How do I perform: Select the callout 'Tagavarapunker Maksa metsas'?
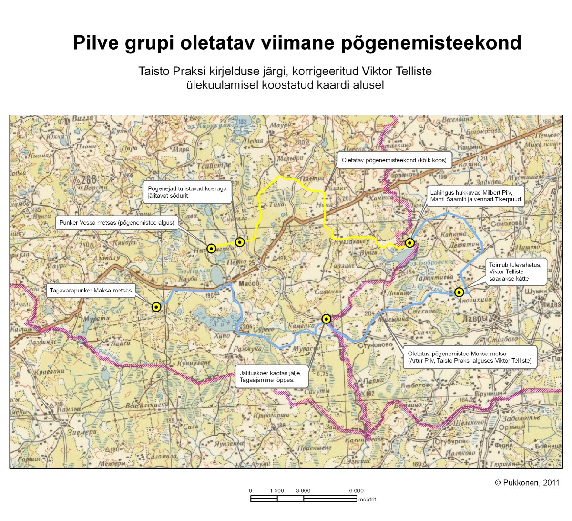(91, 290)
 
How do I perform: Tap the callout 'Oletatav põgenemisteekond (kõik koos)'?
(394, 160)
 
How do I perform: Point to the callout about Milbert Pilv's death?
(475, 196)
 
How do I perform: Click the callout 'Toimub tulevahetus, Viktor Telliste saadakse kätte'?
(515, 271)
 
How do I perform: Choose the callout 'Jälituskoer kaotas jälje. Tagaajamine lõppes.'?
(271, 377)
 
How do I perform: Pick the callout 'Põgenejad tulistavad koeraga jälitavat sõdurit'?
(187, 192)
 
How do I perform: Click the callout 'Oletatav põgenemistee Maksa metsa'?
(470, 357)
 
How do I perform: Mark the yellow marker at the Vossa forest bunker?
(212, 248)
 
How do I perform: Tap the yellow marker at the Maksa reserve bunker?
(156, 307)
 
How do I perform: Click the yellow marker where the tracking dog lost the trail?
(327, 319)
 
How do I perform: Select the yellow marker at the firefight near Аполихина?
(459, 292)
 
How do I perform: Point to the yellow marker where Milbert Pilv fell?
(409, 243)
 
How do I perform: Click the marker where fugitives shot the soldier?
(240, 242)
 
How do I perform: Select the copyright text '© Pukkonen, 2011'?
(527, 482)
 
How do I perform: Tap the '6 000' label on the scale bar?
(356, 490)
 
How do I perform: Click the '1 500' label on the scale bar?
(276, 490)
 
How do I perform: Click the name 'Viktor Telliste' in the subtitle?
(397, 72)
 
